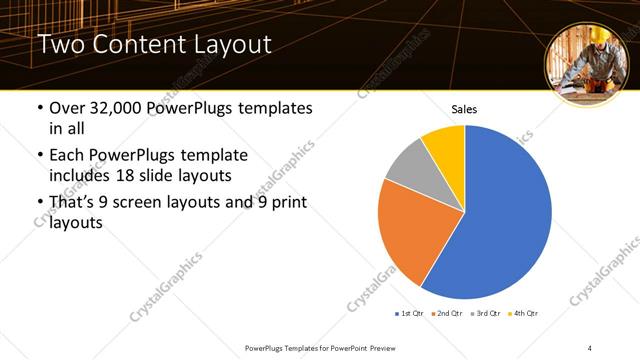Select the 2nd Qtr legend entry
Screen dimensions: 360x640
click(x=448, y=314)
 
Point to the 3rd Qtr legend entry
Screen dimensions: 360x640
click(x=486, y=314)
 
